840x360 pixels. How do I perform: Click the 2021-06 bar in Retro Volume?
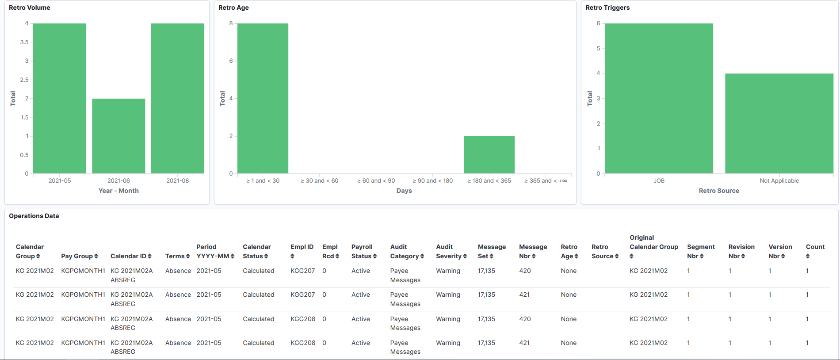coord(118,136)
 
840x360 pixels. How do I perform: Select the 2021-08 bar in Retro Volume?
coord(177,98)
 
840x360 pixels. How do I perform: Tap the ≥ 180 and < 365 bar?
coord(489,155)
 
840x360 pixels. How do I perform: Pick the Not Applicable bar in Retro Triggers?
coord(779,123)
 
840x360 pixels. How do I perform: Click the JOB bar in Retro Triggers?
coord(659,98)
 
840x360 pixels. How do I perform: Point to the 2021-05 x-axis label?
coord(60,180)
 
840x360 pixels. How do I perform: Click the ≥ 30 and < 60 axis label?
coord(319,180)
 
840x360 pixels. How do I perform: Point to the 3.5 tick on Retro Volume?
coord(24,42)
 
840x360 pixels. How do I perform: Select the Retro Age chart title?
coord(233,8)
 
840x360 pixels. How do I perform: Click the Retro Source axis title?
coord(719,191)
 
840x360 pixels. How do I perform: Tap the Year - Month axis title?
coord(118,191)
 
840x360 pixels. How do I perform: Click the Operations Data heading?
coord(34,216)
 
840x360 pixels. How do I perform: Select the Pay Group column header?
coord(77,256)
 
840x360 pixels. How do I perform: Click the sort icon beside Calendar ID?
coord(150,256)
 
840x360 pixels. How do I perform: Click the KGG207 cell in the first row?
coord(302,271)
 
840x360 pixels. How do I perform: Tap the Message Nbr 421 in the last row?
coord(524,343)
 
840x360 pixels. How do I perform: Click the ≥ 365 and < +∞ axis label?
coord(546,180)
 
